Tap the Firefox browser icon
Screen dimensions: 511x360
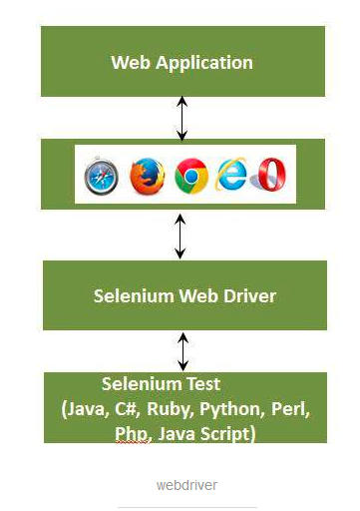tap(145, 176)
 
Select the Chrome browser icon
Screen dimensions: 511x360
tap(190, 176)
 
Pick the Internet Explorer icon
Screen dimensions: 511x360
tap(233, 175)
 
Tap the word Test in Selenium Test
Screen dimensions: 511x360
tap(203, 383)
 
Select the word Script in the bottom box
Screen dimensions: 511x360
tap(228, 434)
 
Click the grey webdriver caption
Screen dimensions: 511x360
tap(186, 485)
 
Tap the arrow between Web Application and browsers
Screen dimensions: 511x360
tap(180, 118)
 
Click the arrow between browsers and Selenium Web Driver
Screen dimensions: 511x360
tap(180, 236)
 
